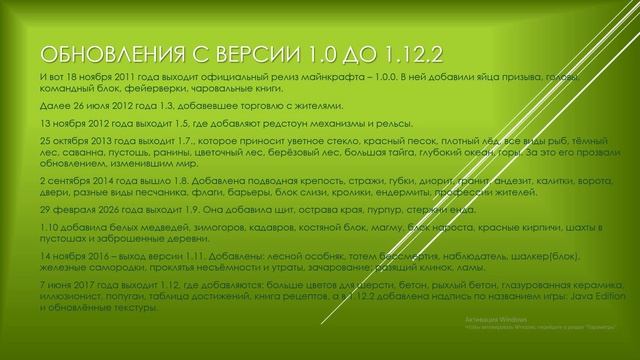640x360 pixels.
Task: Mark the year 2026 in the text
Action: pos(107,211)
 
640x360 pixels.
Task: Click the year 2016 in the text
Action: pos(107,255)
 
